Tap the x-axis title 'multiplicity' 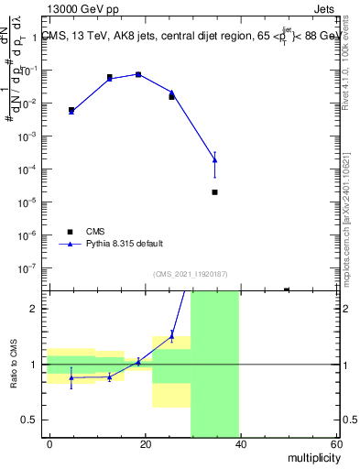click(312, 457)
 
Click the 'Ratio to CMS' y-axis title click(16, 364)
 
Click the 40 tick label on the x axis click(241, 444)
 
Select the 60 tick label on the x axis click(336, 444)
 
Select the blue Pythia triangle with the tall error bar click(214, 160)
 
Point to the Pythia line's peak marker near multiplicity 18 click(138, 74)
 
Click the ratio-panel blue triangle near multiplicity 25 click(171, 336)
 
